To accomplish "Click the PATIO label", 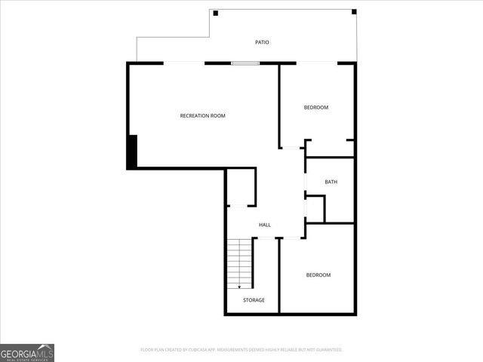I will [x=262, y=42].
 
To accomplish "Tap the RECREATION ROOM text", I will [x=202, y=115].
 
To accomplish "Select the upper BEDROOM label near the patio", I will [x=316, y=107].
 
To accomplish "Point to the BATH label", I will [x=331, y=182].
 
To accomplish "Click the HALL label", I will [x=265, y=225].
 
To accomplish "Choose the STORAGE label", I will [x=254, y=300].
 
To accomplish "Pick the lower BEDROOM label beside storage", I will [x=318, y=275].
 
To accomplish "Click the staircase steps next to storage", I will [x=240, y=260].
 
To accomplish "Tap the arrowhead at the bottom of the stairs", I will [x=240, y=286].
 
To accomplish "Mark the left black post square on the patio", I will [x=216, y=13].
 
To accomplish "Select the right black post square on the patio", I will [x=354, y=12].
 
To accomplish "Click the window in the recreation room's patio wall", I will [x=245, y=63].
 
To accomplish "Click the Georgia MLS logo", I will [x=27, y=352].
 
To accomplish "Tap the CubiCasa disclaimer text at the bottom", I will [x=241, y=350].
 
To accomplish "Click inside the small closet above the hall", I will [x=241, y=187].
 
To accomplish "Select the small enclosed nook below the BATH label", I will [x=315, y=209].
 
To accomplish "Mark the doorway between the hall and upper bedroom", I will [x=291, y=148].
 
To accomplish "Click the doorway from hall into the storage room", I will [x=266, y=238].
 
